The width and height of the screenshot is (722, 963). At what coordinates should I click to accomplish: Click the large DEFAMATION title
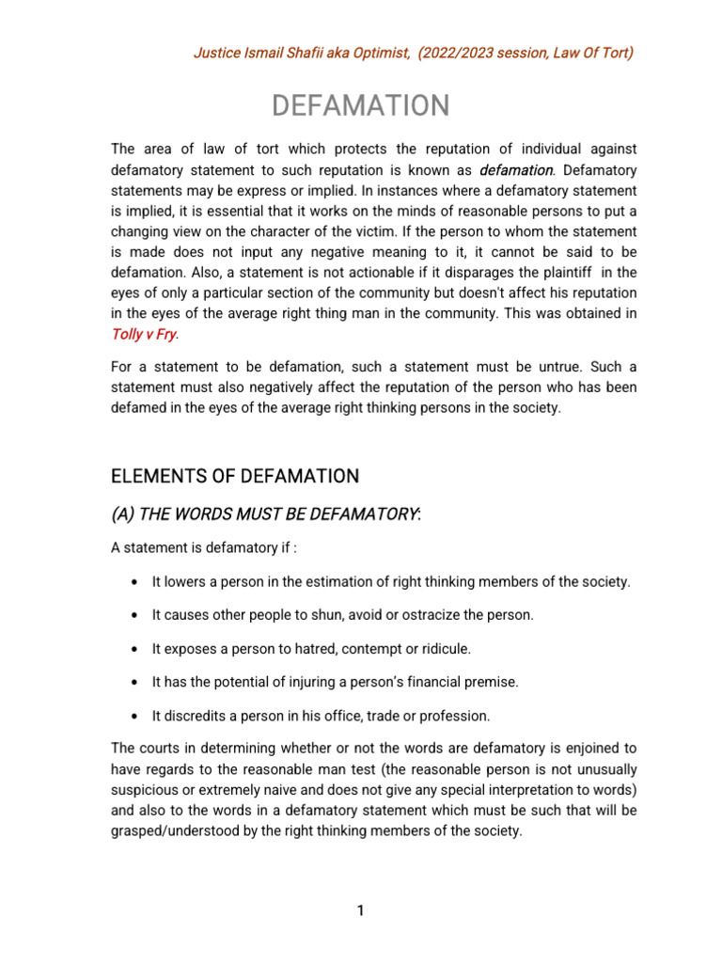coord(361,105)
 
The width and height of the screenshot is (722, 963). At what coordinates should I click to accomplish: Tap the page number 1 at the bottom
coord(360,910)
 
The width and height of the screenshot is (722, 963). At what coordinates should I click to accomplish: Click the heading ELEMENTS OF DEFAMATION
coord(235,477)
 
